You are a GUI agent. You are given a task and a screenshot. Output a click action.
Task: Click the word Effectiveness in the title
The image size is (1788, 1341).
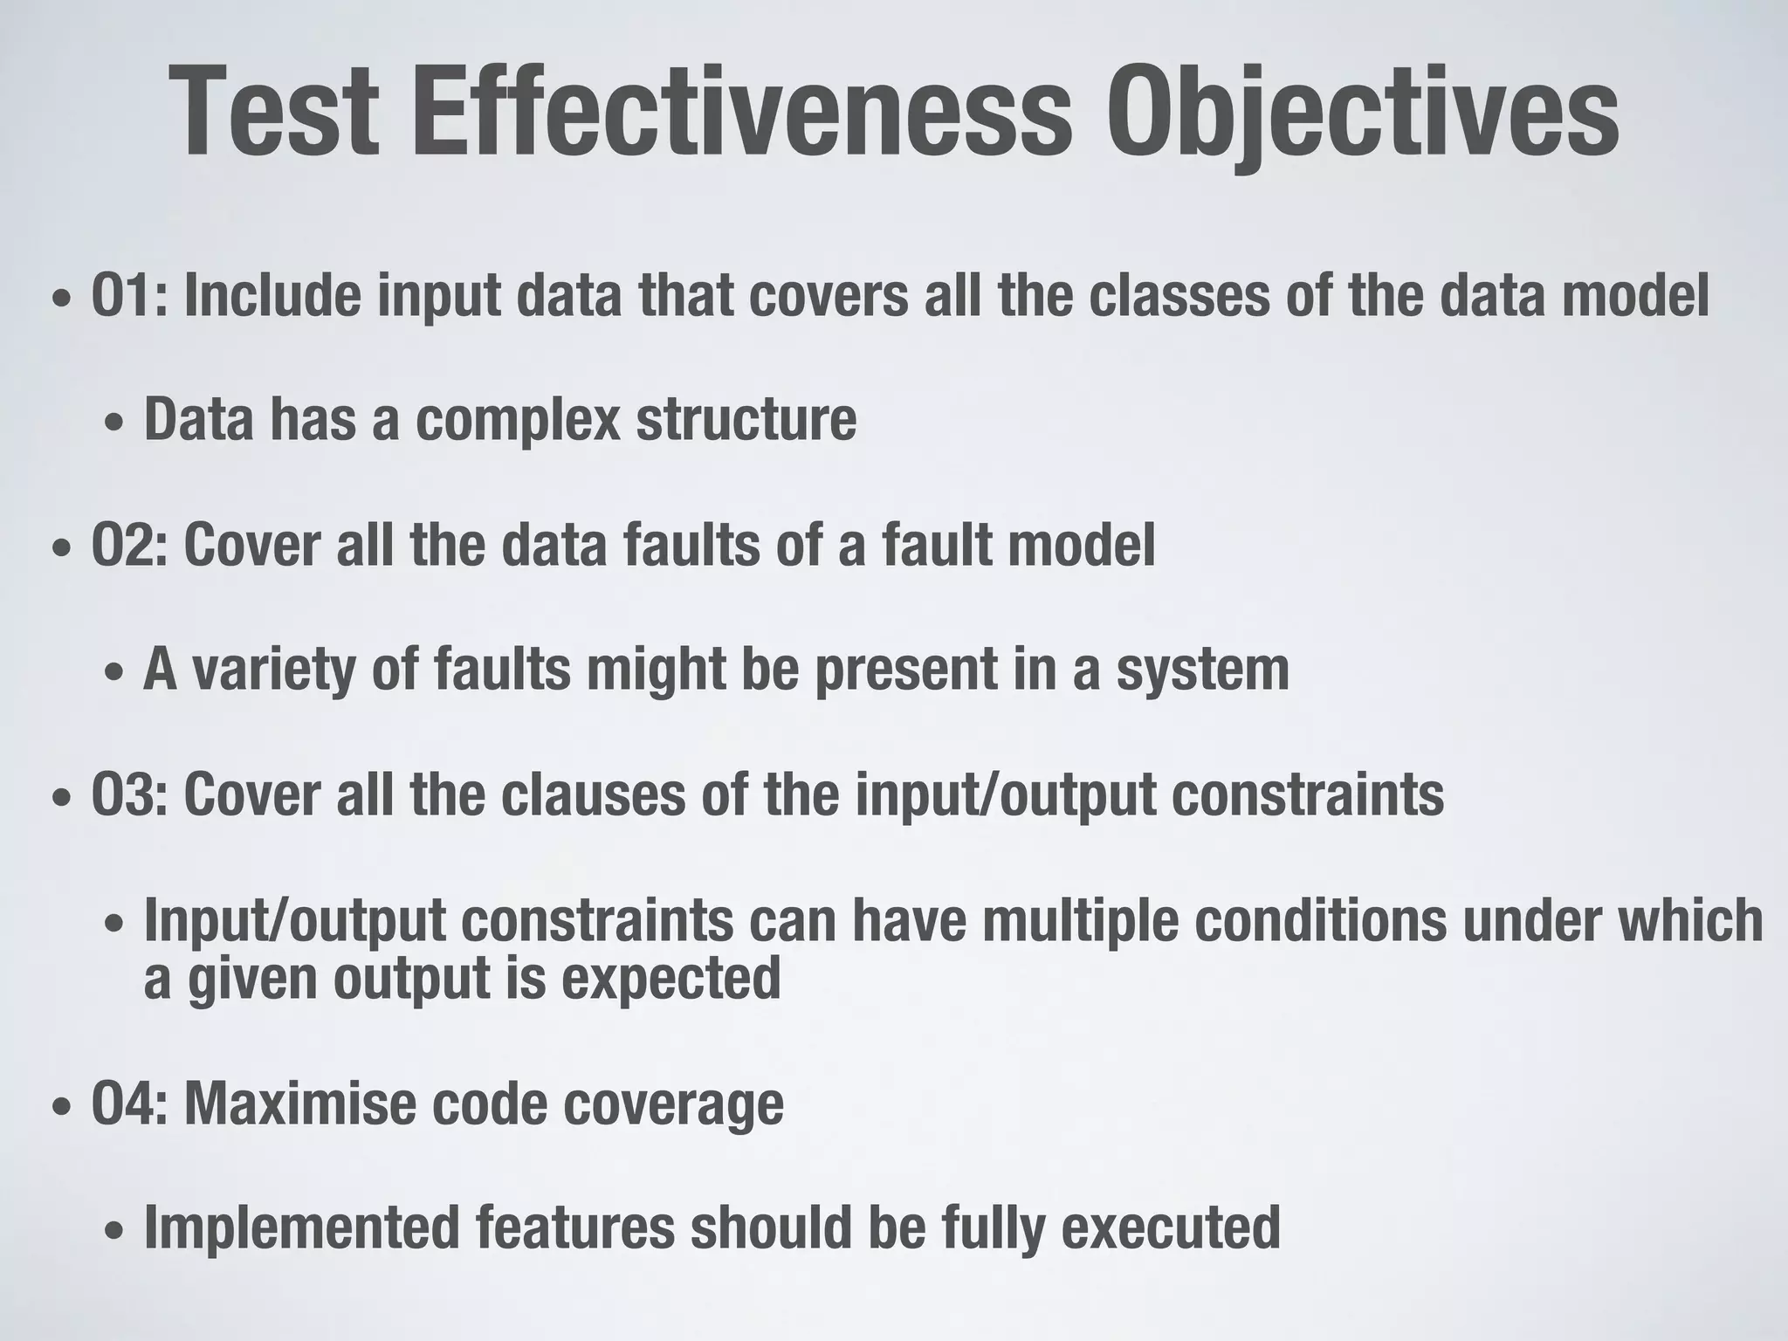(741, 113)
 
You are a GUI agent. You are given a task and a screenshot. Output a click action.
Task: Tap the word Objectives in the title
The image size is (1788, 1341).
(1361, 113)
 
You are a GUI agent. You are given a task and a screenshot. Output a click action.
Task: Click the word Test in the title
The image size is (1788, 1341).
(274, 113)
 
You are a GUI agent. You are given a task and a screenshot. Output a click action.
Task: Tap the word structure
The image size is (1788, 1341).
(746, 420)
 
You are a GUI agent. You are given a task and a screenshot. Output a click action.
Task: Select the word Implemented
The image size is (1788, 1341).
(301, 1227)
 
